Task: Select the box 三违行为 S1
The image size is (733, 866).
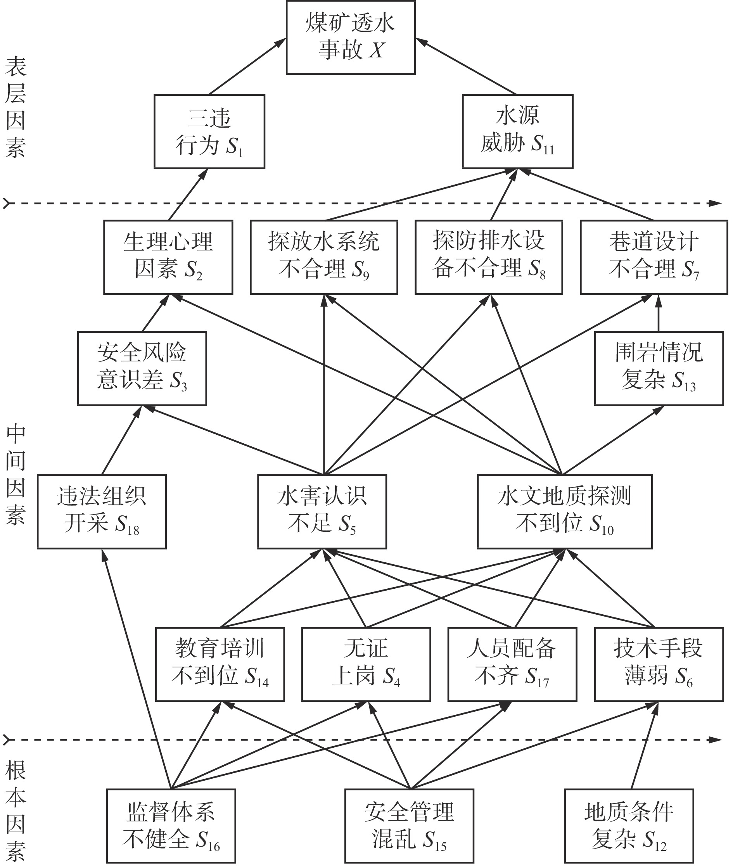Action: tap(209, 131)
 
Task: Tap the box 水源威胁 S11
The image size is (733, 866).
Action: tap(518, 131)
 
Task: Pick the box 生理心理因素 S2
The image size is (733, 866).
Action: tap(168, 257)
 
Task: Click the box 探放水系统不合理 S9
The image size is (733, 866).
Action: tap(324, 257)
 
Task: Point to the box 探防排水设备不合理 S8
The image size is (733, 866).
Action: tap(489, 257)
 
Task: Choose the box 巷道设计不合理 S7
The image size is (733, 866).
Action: tap(653, 257)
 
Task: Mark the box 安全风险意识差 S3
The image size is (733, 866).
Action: tap(142, 368)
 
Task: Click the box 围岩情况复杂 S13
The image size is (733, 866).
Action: tap(659, 368)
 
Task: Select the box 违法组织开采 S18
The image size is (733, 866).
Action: tap(102, 512)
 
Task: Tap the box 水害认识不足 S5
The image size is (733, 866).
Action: tap(322, 512)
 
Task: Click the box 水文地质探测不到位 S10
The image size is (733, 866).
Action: tap(565, 512)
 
